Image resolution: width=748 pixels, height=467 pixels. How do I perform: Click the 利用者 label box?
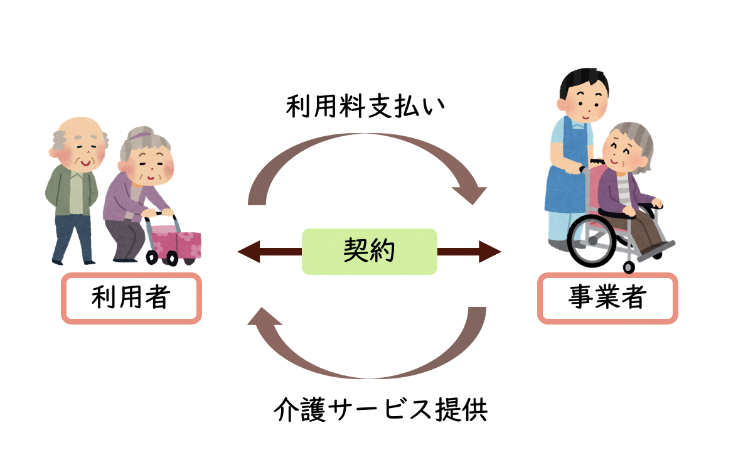pyautogui.click(x=131, y=298)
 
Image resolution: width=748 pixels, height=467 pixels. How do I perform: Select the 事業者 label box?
pyautogui.click(x=607, y=298)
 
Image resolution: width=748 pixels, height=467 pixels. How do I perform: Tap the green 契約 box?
pyautogui.click(x=369, y=251)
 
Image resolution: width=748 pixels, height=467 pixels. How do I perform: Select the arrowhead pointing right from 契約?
pyautogui.click(x=491, y=252)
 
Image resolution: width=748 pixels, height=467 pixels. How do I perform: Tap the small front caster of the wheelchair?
pyautogui.click(x=629, y=267)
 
